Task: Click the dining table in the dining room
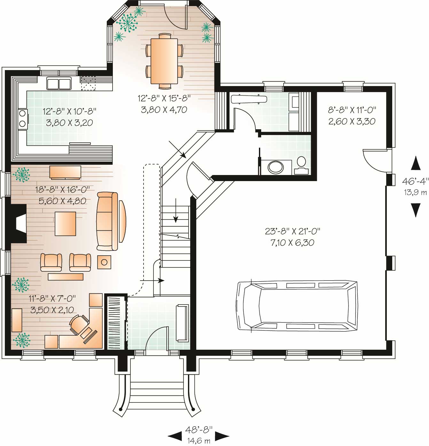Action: (x=164, y=61)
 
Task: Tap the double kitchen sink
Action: (x=59, y=83)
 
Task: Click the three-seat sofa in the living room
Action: (x=107, y=221)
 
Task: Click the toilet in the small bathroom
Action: (x=301, y=165)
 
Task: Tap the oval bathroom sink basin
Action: (x=276, y=167)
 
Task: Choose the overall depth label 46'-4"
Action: (x=415, y=181)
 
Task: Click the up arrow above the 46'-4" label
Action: (x=415, y=163)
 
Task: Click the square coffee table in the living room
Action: (x=66, y=224)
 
